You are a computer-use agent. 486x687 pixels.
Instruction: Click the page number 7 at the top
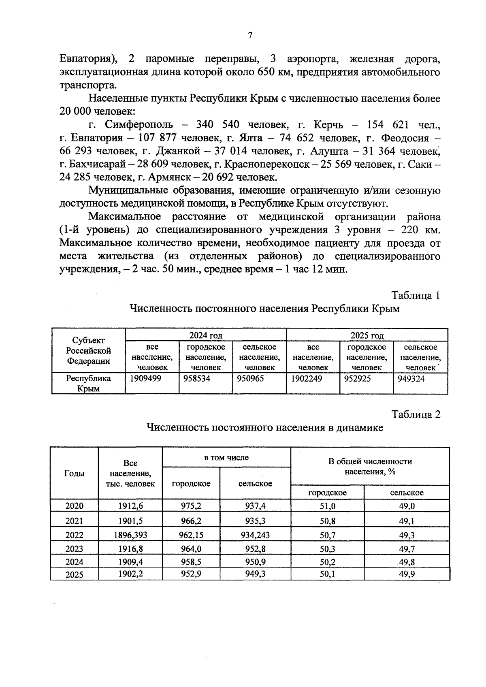(250, 36)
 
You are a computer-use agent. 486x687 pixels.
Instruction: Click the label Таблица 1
(416, 295)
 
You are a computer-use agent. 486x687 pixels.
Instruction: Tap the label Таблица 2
(416, 414)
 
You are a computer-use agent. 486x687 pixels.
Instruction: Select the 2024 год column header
(206, 335)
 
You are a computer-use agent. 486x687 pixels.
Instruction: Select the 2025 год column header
(367, 335)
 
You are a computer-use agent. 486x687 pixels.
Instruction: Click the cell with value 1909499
(145, 378)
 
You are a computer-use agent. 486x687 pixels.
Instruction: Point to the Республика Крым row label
(88, 383)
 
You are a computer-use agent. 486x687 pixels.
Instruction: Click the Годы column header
(75, 473)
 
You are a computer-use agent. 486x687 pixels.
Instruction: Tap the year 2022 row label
(75, 535)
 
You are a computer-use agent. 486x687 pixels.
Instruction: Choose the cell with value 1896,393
(130, 535)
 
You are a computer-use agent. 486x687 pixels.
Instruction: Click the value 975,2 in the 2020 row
(191, 506)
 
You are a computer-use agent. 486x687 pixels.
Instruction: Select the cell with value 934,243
(255, 535)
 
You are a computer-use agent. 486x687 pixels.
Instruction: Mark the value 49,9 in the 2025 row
(407, 574)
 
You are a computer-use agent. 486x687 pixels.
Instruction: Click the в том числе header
(226, 457)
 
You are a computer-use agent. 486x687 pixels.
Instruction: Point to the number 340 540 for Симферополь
(217, 124)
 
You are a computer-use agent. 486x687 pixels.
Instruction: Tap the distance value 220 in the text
(409, 230)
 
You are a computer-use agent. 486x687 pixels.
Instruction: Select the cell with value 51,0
(327, 506)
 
